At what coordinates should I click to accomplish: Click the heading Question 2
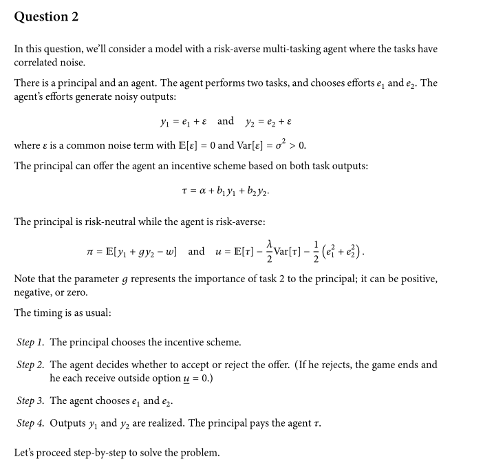pyautogui.click(x=46, y=17)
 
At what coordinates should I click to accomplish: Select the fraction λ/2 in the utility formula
pyautogui.click(x=270, y=250)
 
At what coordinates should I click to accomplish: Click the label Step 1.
pyautogui.click(x=30, y=342)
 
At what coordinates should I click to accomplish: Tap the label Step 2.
pyautogui.click(x=30, y=365)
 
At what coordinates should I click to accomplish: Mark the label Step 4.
pyautogui.click(x=30, y=423)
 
